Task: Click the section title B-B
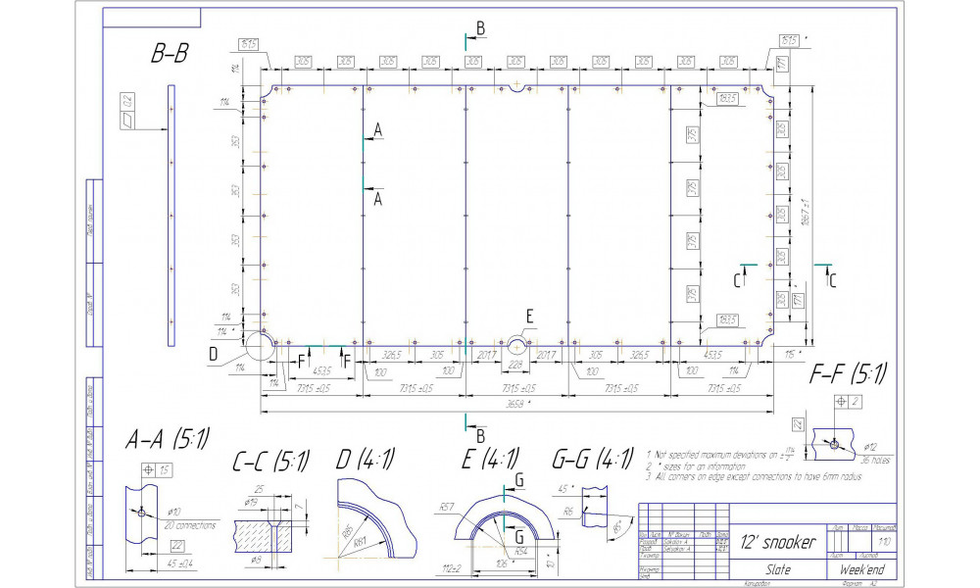click(x=170, y=56)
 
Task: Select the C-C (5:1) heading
click(x=270, y=460)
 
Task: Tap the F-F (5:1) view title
click(x=849, y=373)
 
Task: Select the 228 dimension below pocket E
click(x=517, y=366)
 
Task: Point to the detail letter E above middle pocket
click(x=530, y=316)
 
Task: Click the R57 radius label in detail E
click(x=448, y=507)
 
